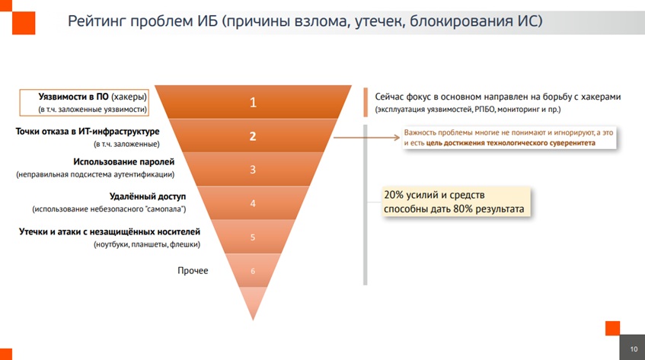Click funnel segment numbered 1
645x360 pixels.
(253, 103)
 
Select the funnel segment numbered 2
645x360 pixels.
(253, 136)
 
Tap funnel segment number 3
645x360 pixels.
(253, 170)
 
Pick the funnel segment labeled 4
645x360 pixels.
(253, 203)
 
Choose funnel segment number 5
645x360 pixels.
(253, 237)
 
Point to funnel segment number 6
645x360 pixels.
(253, 270)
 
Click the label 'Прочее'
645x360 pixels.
(193, 270)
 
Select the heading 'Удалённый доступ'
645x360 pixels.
(142, 196)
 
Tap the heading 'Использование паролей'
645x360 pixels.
(124, 162)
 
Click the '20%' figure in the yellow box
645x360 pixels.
(394, 195)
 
